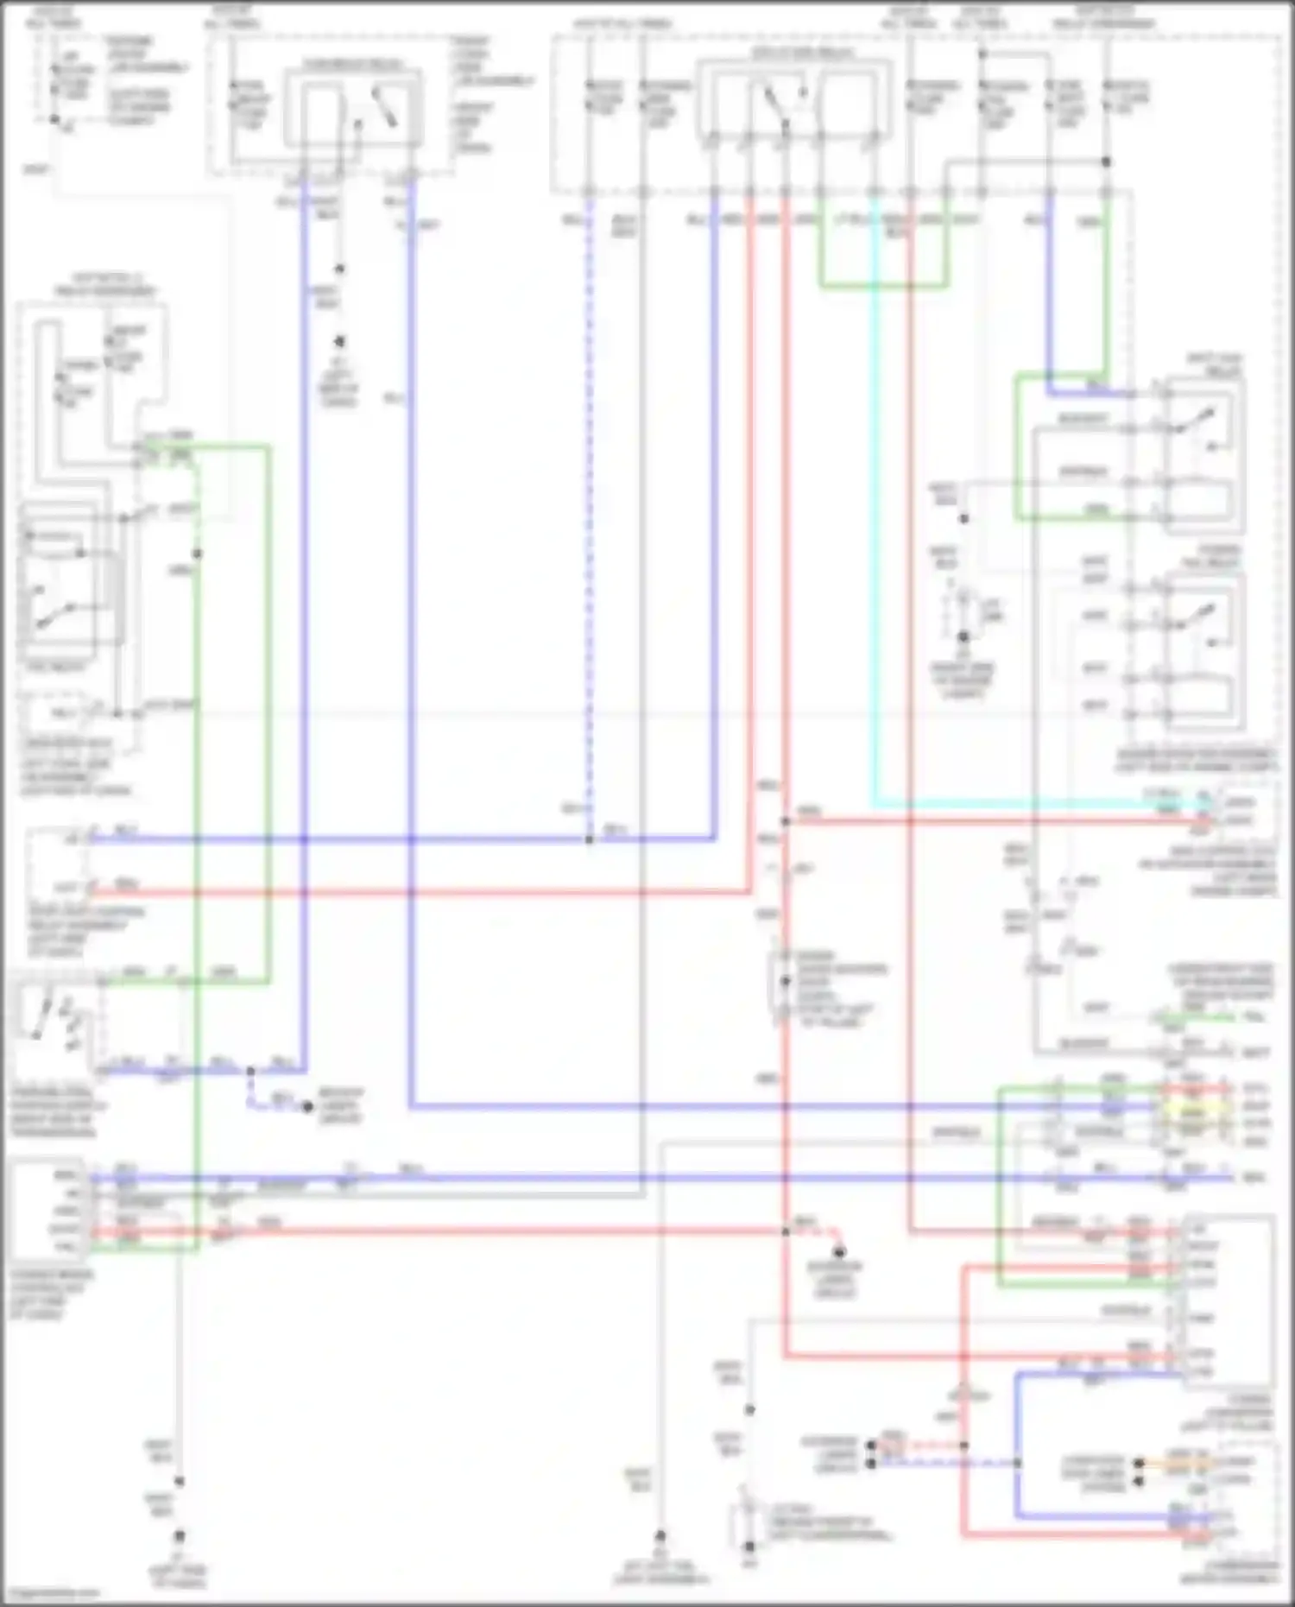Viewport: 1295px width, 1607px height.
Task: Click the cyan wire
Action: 875,518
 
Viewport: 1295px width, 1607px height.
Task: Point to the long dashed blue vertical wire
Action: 589,518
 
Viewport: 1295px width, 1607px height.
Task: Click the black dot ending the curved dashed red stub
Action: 837,1251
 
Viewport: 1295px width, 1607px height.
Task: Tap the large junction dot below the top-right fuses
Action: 1106,161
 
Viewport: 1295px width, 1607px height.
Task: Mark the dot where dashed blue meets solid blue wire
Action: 589,838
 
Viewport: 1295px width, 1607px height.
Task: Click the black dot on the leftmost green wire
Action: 197,554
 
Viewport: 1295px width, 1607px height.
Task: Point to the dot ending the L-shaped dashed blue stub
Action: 307,1106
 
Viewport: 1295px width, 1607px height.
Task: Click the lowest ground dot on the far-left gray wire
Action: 180,1535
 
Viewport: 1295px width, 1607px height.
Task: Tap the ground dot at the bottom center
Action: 660,1535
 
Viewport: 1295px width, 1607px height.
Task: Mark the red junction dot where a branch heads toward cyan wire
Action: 786,821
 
